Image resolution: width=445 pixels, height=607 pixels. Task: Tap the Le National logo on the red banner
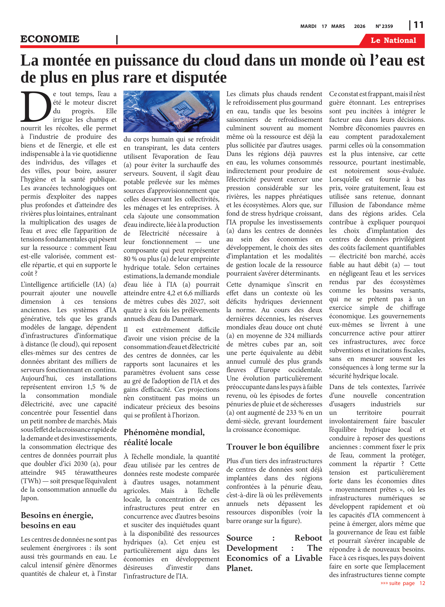click(x=393, y=40)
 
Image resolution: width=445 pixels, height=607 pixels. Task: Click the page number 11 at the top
click(x=418, y=25)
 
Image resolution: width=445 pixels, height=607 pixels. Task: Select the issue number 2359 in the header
click(x=387, y=26)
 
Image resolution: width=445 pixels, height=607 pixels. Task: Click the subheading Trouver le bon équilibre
click(x=273, y=447)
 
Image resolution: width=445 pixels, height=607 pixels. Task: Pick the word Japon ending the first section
click(x=30, y=498)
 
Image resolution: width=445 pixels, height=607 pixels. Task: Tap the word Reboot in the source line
click(x=308, y=538)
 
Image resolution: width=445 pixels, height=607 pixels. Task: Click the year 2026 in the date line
click(x=359, y=26)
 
